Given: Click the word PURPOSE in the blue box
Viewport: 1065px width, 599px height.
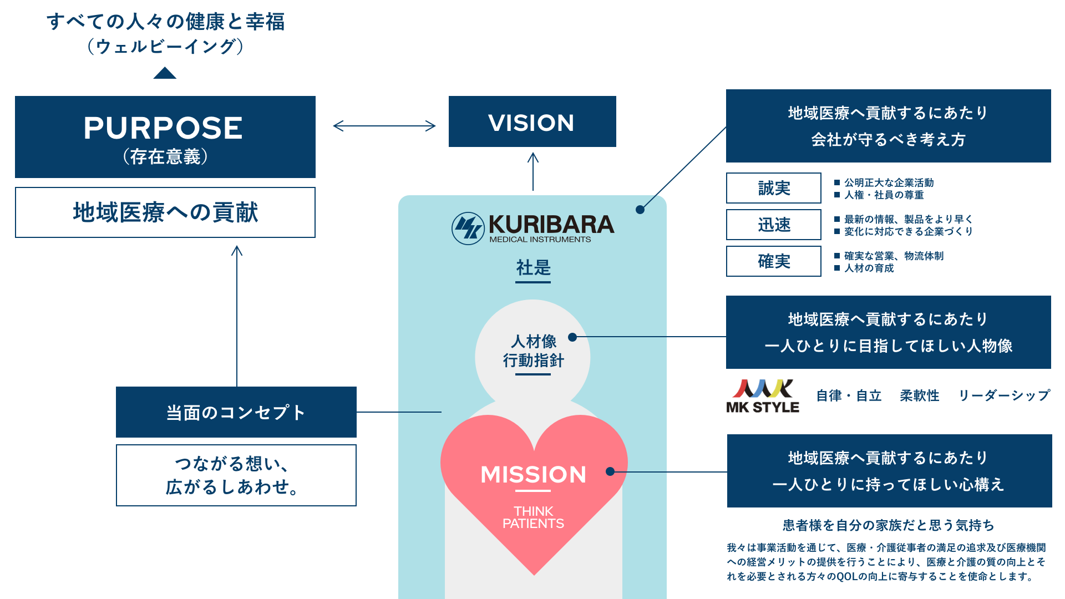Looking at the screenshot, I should coord(163,128).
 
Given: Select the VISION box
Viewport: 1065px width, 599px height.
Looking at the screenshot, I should coord(532,122).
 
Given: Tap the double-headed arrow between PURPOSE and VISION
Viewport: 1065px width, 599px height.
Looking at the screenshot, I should coord(384,126).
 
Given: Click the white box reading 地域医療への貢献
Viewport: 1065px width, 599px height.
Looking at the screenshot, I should coord(165,212).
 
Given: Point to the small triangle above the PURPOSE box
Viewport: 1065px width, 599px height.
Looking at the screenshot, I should coord(165,73).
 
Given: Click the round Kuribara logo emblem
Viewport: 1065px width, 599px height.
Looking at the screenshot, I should coord(468,228).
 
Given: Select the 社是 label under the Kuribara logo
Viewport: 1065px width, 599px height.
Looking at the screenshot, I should coord(533,268).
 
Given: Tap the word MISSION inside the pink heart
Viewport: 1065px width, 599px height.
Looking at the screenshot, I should coord(533,474).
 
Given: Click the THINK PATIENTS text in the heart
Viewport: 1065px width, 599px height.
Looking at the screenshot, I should coord(533,517).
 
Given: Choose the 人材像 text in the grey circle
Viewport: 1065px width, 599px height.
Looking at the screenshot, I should coord(533,341).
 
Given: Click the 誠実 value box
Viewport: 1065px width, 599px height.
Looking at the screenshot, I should coord(774,188).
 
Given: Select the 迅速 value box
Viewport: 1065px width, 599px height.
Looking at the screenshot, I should coord(774,225).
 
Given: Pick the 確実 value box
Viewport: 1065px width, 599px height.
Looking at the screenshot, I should coord(774,261).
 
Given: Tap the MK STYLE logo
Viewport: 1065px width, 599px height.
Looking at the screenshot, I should coord(763,396).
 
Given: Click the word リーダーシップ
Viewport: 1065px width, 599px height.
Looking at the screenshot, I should coord(1004,395).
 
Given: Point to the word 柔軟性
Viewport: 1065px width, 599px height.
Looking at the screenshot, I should coord(919,395).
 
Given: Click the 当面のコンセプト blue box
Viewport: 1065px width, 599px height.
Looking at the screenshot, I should coord(236,412).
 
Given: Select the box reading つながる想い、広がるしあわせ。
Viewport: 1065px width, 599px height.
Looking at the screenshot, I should coord(236,475).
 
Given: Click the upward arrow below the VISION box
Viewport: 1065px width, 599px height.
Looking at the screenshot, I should coord(533,172).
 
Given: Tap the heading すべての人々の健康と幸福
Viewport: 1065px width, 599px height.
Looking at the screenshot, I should coord(165,22).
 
